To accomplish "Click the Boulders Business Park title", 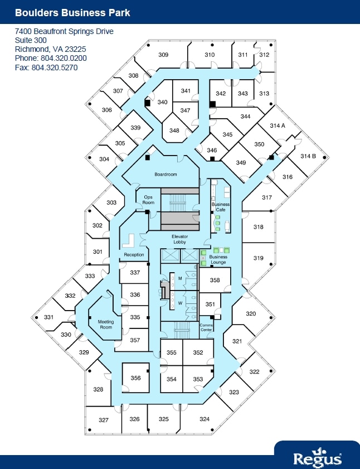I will (x=72, y=12).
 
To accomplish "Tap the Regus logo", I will (x=318, y=457).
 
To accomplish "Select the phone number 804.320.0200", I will (x=51, y=58).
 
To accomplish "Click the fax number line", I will (x=46, y=67).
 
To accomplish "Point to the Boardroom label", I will (x=166, y=175).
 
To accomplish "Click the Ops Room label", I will (x=148, y=200).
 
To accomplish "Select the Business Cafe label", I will (x=220, y=207).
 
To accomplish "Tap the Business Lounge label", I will (x=218, y=259).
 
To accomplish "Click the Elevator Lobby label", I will (x=179, y=239).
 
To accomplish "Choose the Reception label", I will (x=134, y=255).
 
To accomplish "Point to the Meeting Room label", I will (x=106, y=325).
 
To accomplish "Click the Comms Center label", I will (x=206, y=327).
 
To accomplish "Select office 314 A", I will (x=278, y=126).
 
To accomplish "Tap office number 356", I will (x=135, y=378).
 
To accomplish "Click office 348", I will (x=174, y=130).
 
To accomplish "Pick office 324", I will (x=205, y=419).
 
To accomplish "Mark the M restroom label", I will (x=180, y=278).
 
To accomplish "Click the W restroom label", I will (x=180, y=303).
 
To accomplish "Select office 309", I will (x=163, y=55).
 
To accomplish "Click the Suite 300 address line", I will (x=31, y=40).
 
